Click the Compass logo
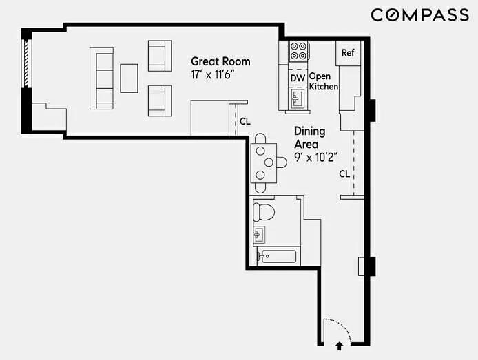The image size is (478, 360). coord(419,15)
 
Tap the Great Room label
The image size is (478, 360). coord(220,61)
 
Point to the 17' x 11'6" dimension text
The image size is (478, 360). coord(214,74)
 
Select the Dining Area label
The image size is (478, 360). coord(310,138)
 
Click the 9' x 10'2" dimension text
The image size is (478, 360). coord(316,158)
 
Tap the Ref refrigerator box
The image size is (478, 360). coord(348,53)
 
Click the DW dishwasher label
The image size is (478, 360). coord(298,78)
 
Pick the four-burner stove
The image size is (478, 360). coord(298,51)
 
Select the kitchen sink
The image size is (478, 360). coord(298,98)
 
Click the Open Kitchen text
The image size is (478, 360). coord(324,81)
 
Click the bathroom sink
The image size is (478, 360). coord(259,235)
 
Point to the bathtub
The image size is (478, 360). coord(277,257)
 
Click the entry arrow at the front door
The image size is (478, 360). coord(340,346)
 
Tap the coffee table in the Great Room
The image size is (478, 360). coord(129,78)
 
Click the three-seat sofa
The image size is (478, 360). coord(102,78)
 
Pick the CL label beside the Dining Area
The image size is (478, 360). coord(344,174)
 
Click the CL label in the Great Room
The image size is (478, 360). coord(245,122)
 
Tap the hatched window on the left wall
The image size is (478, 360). coord(26,63)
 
